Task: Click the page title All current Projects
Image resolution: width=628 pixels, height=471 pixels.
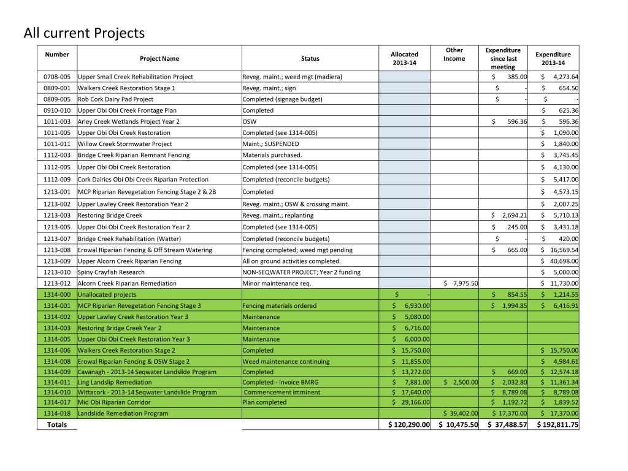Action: tap(84, 33)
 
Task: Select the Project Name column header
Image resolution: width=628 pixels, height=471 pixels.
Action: tap(159, 59)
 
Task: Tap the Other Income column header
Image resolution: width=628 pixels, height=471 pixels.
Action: tap(454, 55)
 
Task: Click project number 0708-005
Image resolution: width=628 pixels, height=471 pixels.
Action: tap(57, 77)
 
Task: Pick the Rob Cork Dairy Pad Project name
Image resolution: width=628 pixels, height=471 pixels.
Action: tap(115, 99)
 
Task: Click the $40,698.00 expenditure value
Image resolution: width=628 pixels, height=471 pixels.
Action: tap(559, 261)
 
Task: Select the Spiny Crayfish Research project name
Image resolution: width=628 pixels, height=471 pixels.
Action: tap(111, 272)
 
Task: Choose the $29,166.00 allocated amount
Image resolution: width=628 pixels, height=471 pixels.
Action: tap(411, 402)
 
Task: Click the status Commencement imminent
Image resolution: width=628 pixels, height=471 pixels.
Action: tap(282, 392)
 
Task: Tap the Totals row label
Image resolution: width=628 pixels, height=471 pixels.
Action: tap(57, 424)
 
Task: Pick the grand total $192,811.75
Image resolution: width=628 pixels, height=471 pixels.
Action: tap(557, 424)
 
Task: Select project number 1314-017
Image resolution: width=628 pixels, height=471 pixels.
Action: tap(57, 402)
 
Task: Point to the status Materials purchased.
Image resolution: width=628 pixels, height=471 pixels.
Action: tap(272, 155)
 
